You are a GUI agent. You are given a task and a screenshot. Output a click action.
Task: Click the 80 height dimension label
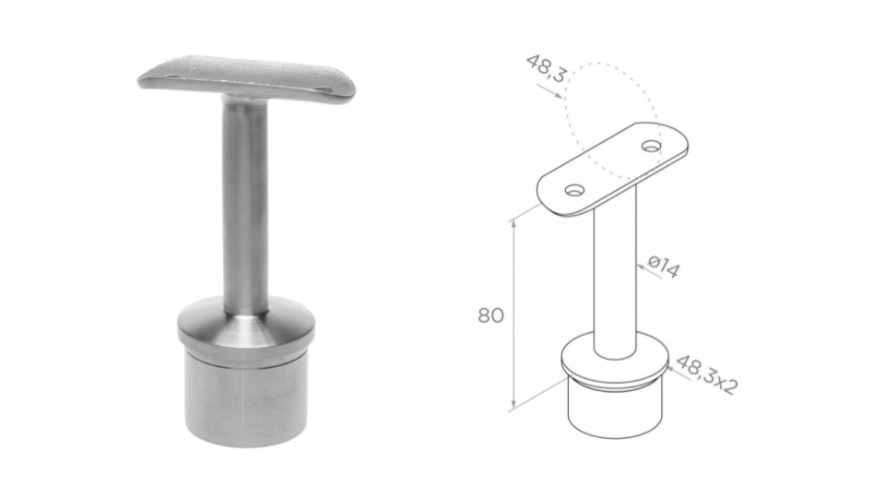pyautogui.click(x=490, y=315)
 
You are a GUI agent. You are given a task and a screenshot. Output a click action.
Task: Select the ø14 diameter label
pyautogui.click(x=664, y=267)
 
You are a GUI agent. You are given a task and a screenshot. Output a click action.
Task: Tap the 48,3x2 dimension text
pyautogui.click(x=707, y=374)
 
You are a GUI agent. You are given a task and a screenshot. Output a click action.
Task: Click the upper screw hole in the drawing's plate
pyautogui.click(x=652, y=147)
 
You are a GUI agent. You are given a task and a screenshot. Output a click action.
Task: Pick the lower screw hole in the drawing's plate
pyautogui.click(x=575, y=190)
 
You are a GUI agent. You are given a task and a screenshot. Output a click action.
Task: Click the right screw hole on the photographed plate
pyautogui.click(x=324, y=89)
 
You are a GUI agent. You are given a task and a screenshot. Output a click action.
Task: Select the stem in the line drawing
pyautogui.click(x=615, y=271)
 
